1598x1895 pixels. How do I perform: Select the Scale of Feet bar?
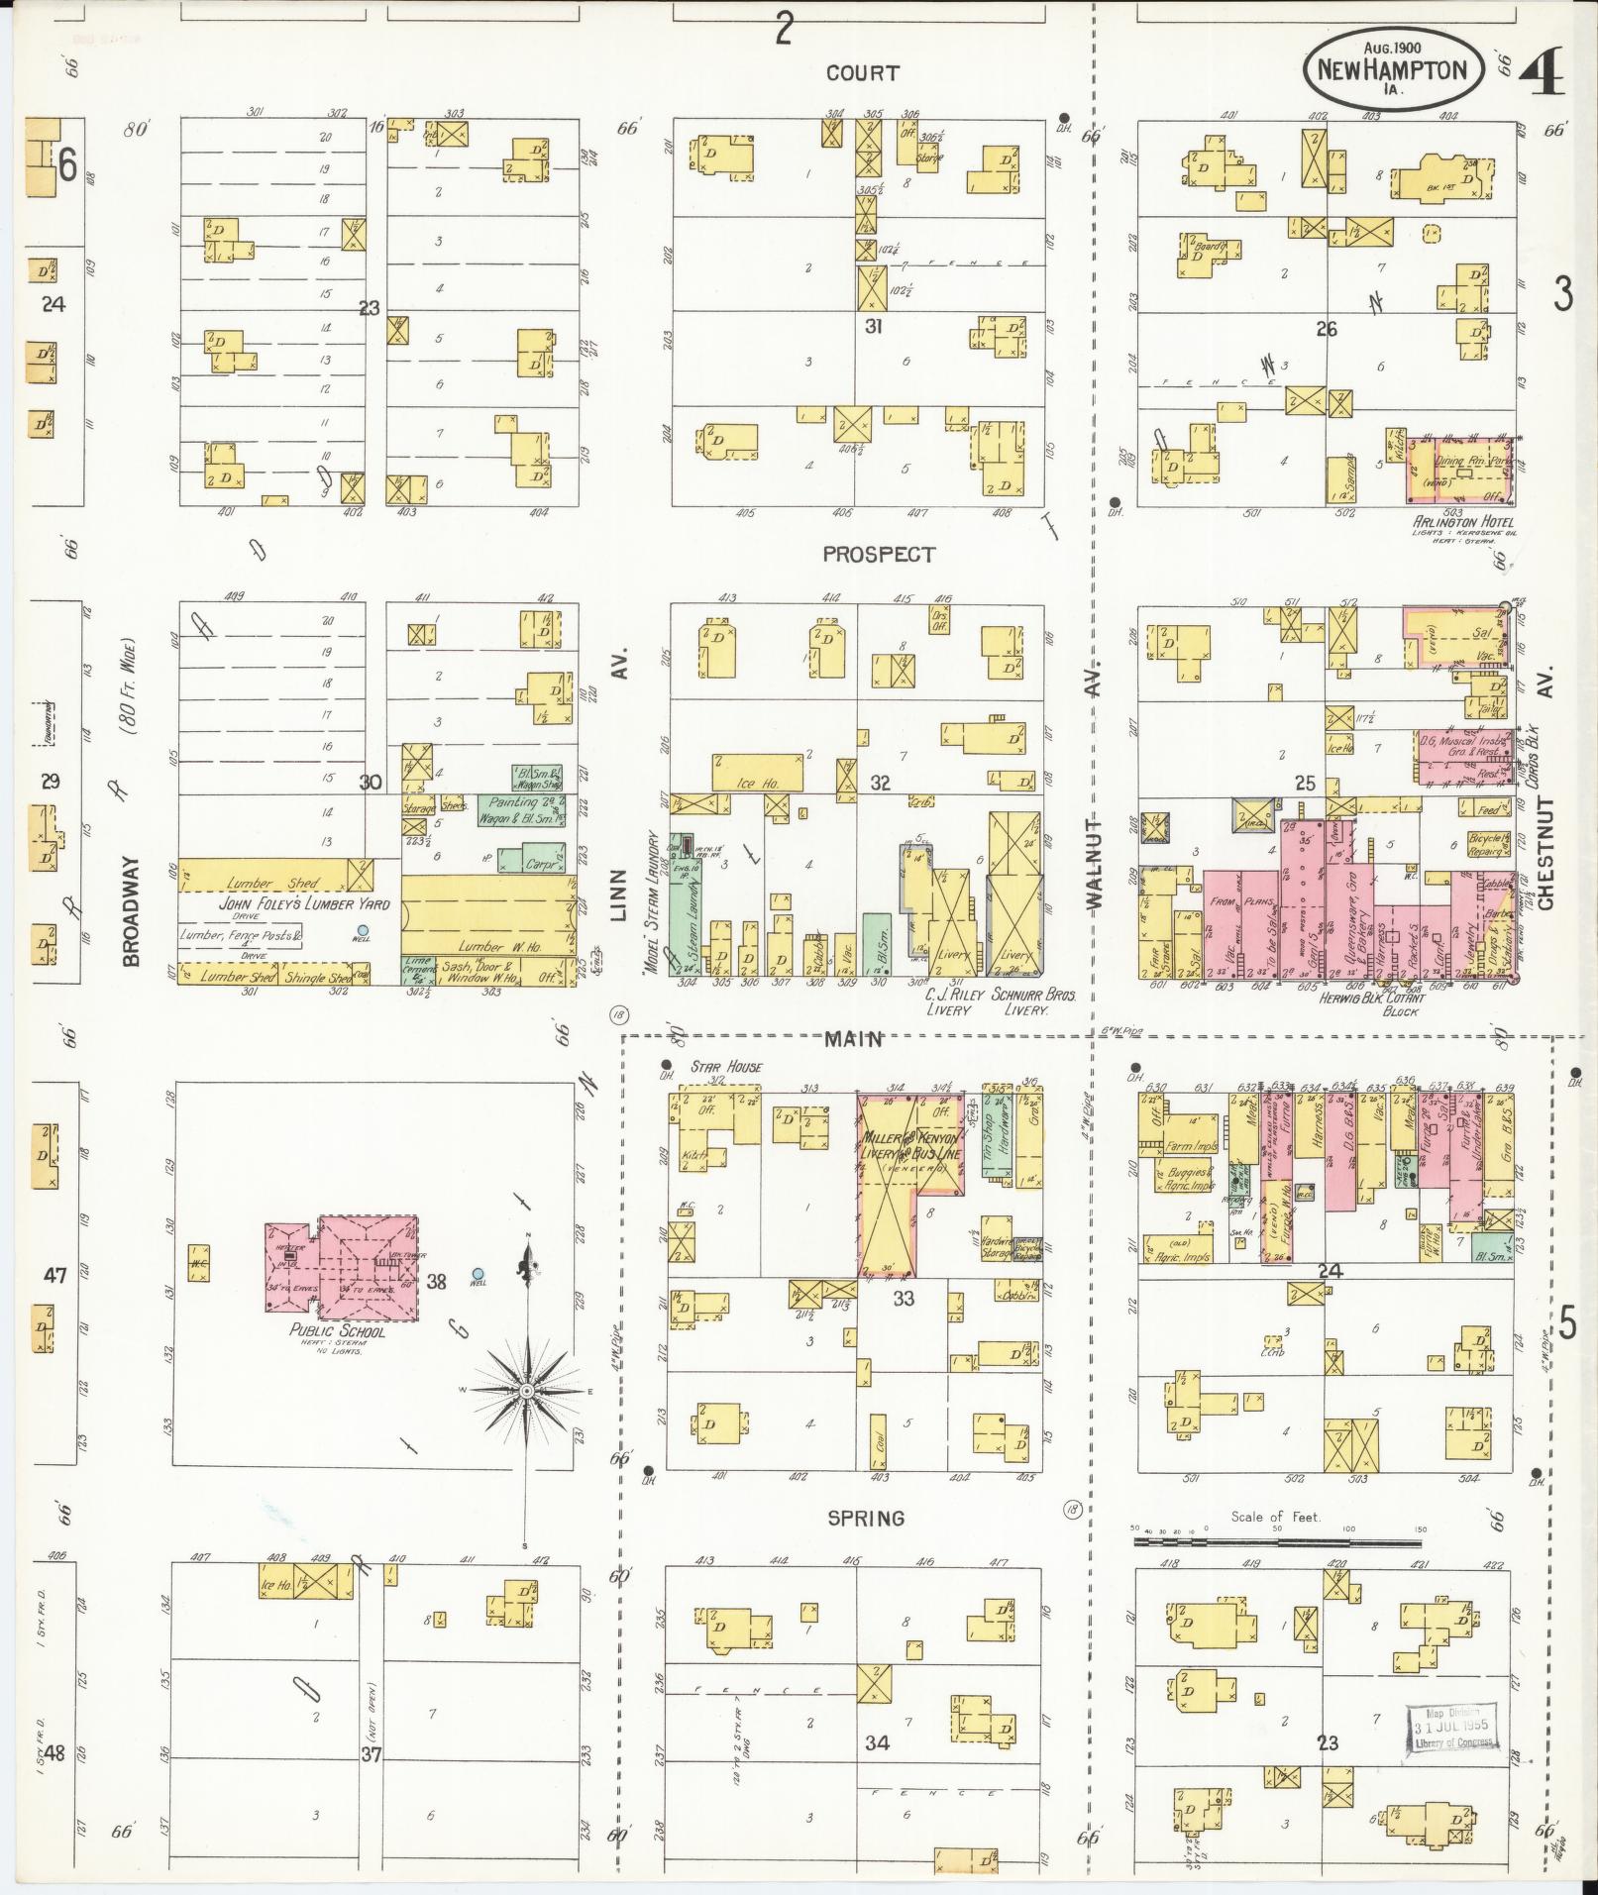(x=1277, y=1542)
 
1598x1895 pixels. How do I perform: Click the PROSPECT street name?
(x=878, y=555)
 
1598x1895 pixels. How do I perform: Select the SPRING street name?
(x=866, y=1519)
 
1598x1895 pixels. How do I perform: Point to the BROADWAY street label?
(x=132, y=911)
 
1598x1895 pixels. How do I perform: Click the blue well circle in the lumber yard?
(x=363, y=930)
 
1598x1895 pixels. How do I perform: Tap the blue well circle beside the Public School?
(x=478, y=1274)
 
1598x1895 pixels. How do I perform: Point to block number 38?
(x=436, y=1282)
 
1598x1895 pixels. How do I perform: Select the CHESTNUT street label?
(x=1545, y=852)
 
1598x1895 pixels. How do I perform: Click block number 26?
(x=1326, y=329)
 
